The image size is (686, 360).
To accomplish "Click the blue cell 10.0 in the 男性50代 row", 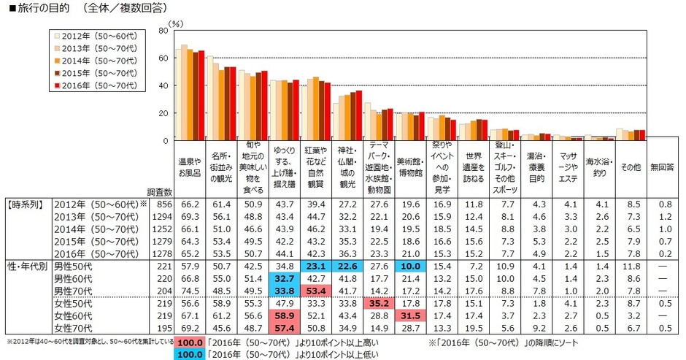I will click(x=409, y=267).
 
